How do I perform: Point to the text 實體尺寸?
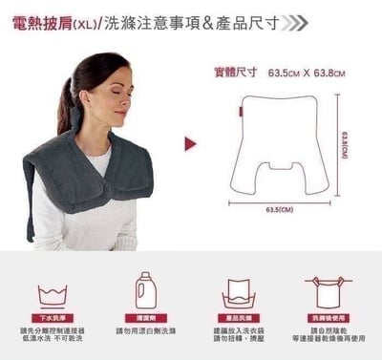click(236, 72)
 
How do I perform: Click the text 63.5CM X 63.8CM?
click(306, 72)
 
